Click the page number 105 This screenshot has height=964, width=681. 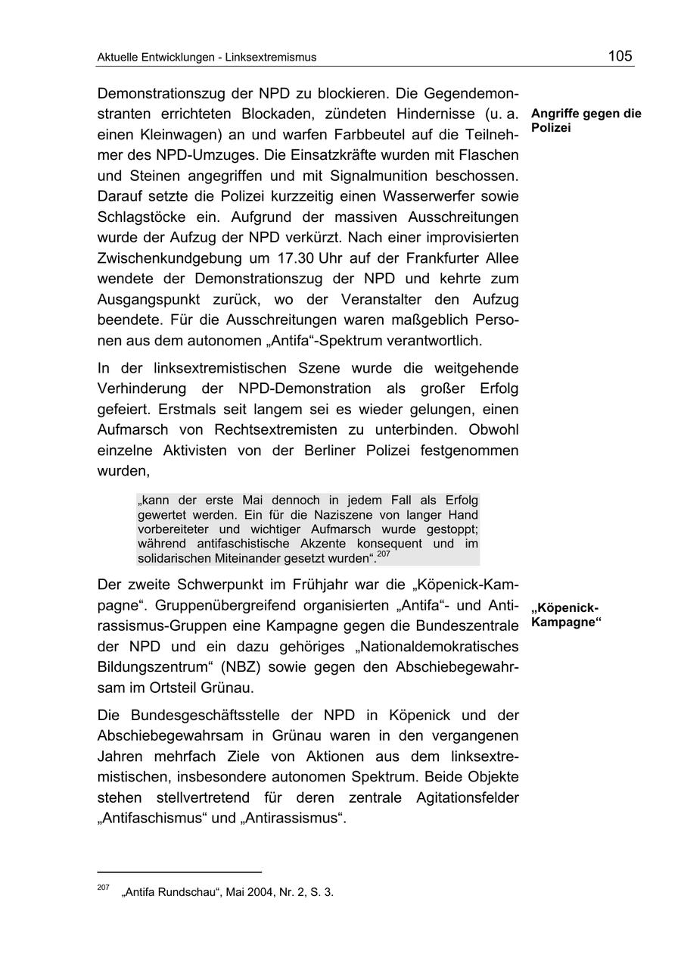tap(620, 55)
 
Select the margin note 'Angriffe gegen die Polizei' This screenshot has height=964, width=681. tap(586, 120)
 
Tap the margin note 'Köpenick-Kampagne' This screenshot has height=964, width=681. tap(565, 616)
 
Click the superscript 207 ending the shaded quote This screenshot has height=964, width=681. tap(383, 554)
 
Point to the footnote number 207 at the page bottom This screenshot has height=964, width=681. tap(103, 888)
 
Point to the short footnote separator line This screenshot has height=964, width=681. tap(179, 872)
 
